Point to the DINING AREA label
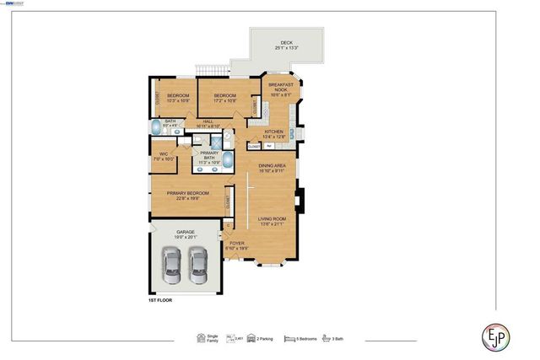click(x=272, y=168)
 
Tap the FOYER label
click(x=237, y=246)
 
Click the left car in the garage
click(x=172, y=268)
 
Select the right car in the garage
click(x=199, y=268)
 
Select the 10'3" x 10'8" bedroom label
click(x=177, y=98)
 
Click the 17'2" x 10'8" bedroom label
click(x=224, y=98)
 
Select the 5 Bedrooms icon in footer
click(x=289, y=338)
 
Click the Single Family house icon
click(x=202, y=338)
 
